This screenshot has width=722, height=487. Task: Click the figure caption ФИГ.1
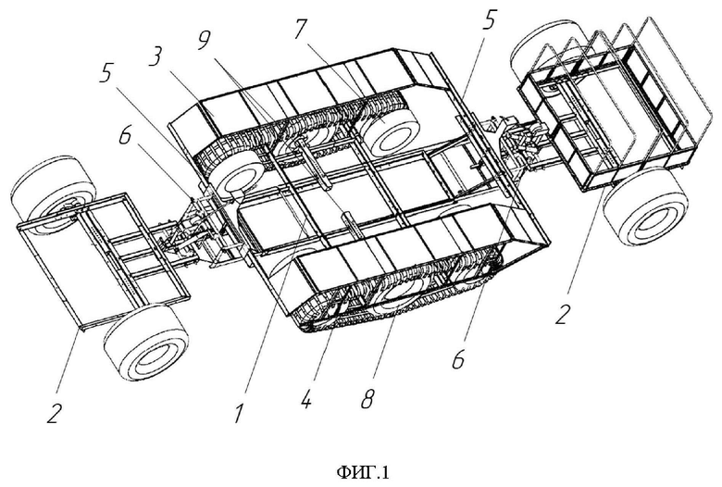click(x=363, y=472)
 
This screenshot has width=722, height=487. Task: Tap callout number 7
click(x=300, y=29)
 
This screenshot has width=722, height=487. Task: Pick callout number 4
click(x=305, y=396)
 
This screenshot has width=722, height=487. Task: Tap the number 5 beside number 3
click(x=106, y=72)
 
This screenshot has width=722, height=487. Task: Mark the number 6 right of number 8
click(x=458, y=358)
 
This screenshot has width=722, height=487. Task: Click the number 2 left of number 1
click(x=54, y=411)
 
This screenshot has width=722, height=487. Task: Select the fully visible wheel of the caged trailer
click(x=644, y=213)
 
